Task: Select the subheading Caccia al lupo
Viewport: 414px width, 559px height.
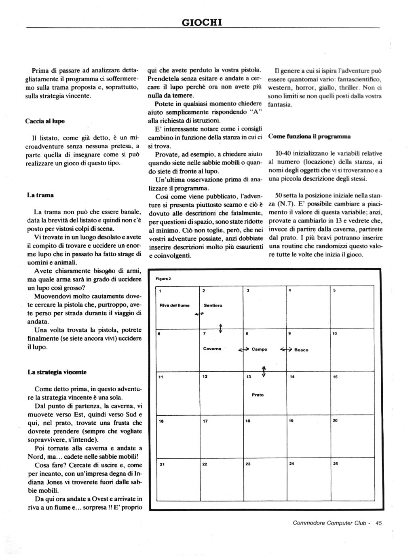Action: click(45, 121)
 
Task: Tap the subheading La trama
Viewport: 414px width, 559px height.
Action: click(40, 195)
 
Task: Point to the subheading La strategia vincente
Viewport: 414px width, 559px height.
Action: click(57, 372)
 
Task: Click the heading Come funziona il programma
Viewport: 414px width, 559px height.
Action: click(309, 136)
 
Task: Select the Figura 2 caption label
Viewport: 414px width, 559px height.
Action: click(163, 279)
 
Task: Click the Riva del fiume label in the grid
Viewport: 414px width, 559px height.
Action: click(175, 305)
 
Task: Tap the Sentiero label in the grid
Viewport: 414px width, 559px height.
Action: click(213, 305)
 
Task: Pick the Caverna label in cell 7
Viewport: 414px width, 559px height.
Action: click(212, 349)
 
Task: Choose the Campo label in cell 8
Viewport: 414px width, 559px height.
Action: click(260, 349)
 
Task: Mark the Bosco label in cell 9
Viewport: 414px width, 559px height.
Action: click(301, 350)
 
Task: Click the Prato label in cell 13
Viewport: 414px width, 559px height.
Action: click(258, 395)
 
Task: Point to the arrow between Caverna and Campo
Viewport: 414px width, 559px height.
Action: click(243, 349)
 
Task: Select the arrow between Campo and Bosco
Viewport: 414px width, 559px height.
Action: click(286, 349)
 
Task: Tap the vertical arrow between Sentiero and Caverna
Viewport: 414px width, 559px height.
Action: click(220, 328)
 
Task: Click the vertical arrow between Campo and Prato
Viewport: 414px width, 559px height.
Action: click(264, 371)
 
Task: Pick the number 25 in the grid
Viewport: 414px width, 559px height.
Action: click(335, 464)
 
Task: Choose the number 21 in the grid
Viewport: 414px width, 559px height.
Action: click(162, 464)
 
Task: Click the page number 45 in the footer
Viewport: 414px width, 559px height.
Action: click(378, 523)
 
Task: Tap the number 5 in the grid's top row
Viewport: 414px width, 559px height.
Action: click(334, 290)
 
